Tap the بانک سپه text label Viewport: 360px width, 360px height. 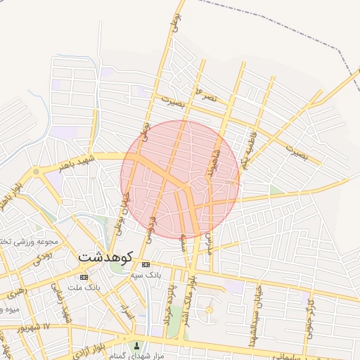[148, 274]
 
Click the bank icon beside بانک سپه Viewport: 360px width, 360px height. [146, 264]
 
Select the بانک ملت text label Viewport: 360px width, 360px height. [85, 287]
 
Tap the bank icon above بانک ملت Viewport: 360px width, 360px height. [84, 277]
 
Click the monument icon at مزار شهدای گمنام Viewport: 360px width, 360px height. [137, 346]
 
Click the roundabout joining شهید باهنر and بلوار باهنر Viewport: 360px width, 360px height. [35, 171]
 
